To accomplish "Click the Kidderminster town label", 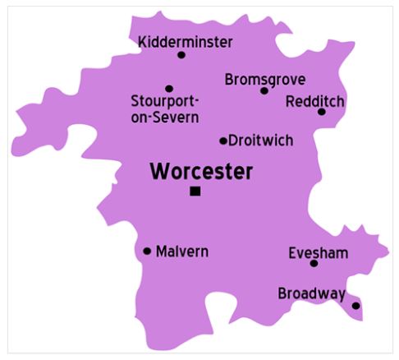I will pyautogui.click(x=186, y=41).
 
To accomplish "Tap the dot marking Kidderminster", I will pyautogui.click(x=181, y=55).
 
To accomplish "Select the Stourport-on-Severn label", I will pyautogui.click(x=165, y=109).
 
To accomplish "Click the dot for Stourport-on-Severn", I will pyautogui.click(x=169, y=89).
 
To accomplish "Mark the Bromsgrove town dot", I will pyautogui.click(x=264, y=90).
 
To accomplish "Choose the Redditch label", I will pyautogui.click(x=315, y=100).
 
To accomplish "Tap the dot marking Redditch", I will pyautogui.click(x=322, y=112).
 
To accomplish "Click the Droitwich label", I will pyautogui.click(x=260, y=141).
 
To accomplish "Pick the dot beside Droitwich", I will pyautogui.click(x=223, y=141).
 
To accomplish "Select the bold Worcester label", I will pyautogui.click(x=201, y=171).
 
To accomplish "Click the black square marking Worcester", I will pyautogui.click(x=195, y=191).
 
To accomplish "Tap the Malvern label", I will pyautogui.click(x=181, y=251).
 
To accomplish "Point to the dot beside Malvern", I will pyautogui.click(x=148, y=251).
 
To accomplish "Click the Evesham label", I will pyautogui.click(x=318, y=252).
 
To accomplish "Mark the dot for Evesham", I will pyautogui.click(x=314, y=263).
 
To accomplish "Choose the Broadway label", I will pyautogui.click(x=311, y=293).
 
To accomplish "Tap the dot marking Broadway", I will pyautogui.click(x=355, y=306).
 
